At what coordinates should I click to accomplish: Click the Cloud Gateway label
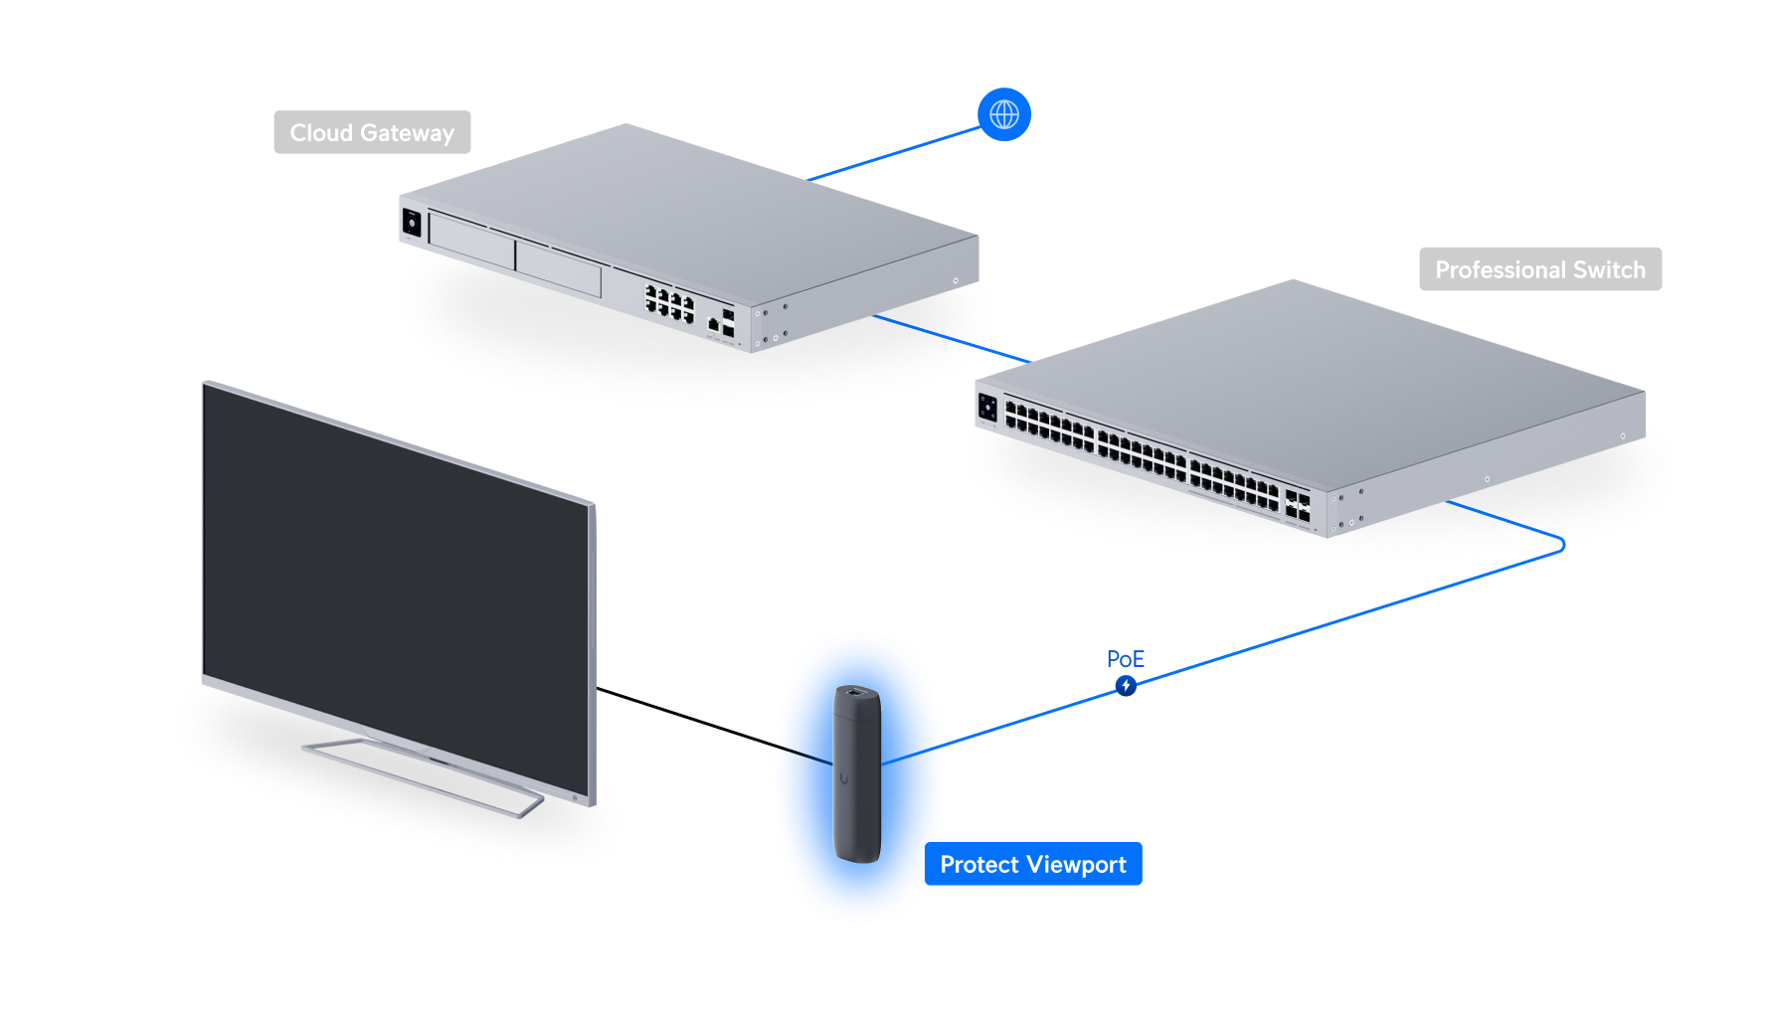click(x=372, y=132)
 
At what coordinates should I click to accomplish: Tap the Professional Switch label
click(x=1539, y=269)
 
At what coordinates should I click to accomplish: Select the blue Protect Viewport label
click(x=1033, y=864)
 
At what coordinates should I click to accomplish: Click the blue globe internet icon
click(x=1004, y=114)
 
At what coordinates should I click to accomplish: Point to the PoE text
click(x=1125, y=659)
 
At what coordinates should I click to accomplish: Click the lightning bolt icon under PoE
click(x=1126, y=685)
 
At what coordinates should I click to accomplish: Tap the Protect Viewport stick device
click(x=856, y=775)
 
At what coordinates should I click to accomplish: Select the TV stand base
click(x=423, y=775)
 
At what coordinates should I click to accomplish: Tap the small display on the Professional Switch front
click(x=987, y=406)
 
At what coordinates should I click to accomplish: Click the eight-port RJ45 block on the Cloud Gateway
click(x=669, y=303)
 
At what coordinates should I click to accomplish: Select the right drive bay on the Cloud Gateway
click(x=558, y=269)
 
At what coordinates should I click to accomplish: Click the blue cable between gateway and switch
click(x=950, y=339)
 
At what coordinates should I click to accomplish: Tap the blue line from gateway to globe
click(x=895, y=154)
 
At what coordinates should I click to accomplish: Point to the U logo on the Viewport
click(x=844, y=778)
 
